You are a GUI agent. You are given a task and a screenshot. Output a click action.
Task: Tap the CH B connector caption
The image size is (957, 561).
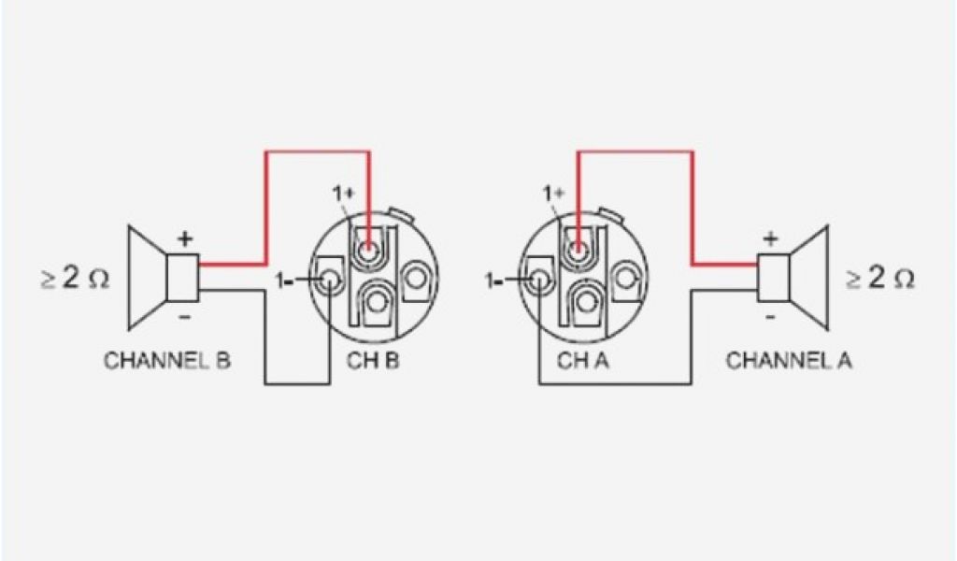tap(375, 361)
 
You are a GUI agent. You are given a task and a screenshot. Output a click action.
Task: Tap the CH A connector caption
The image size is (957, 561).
tap(583, 361)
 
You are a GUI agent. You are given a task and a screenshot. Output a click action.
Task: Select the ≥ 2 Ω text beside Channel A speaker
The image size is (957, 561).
tap(879, 279)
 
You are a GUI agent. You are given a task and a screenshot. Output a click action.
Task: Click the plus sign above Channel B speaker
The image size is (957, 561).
tap(184, 238)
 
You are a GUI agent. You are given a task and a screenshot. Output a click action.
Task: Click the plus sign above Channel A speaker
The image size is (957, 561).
tap(770, 238)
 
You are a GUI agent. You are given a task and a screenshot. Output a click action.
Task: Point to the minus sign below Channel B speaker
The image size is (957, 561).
tap(184, 317)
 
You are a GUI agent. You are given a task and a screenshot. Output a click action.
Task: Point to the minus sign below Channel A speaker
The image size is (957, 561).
tap(770, 317)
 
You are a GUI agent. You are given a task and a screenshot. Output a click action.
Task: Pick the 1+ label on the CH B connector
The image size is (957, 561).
tap(344, 194)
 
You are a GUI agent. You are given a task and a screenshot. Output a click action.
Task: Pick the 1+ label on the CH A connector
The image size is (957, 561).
tap(554, 194)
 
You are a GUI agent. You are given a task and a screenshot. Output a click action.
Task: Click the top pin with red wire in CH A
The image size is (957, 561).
tap(579, 250)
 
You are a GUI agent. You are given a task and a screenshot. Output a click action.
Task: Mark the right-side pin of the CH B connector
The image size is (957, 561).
tap(417, 277)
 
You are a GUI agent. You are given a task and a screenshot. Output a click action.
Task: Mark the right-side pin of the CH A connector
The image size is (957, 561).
tap(625, 277)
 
